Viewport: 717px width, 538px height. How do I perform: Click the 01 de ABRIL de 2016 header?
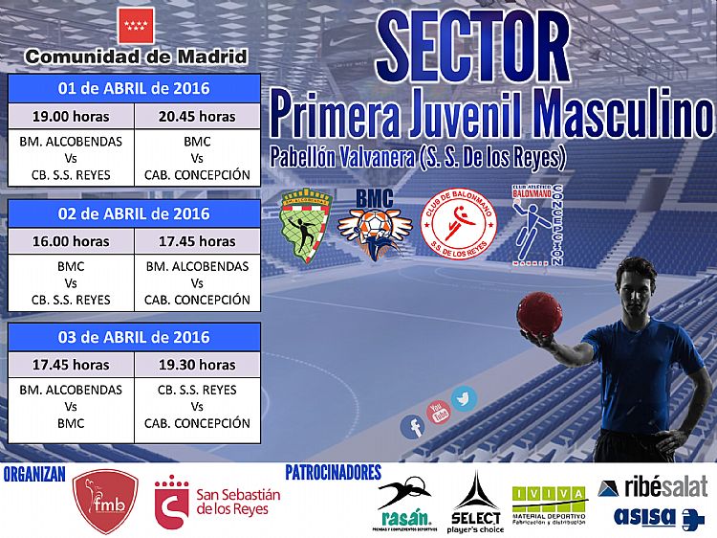[134, 89]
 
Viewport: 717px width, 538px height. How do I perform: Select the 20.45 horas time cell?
[197, 117]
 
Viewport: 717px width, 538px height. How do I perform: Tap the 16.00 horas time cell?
[71, 240]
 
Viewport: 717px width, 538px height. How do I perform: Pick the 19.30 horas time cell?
[197, 364]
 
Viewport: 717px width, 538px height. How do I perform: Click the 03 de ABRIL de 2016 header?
[134, 336]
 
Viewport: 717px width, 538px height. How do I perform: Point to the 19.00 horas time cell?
[71, 117]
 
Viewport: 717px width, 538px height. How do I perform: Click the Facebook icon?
[412, 427]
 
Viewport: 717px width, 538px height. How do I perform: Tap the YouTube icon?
[439, 413]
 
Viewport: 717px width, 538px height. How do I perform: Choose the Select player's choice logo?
[476, 503]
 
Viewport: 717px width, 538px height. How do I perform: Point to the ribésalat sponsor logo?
[653, 486]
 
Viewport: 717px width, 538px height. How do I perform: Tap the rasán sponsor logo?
[404, 503]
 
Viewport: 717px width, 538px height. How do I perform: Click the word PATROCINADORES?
[334, 473]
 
